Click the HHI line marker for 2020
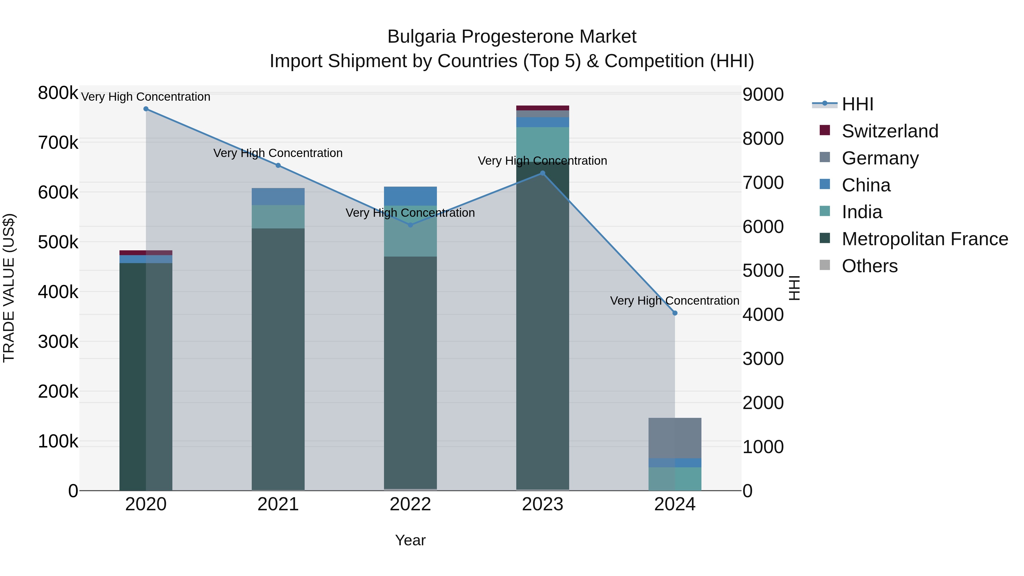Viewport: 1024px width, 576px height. (146, 109)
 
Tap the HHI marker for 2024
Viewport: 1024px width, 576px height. (675, 313)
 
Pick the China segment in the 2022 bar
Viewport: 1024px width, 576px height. (410, 196)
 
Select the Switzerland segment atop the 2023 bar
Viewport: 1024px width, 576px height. (543, 108)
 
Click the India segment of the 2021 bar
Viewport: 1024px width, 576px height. (278, 217)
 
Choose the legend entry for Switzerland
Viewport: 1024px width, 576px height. (890, 131)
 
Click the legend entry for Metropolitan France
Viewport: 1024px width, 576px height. (925, 239)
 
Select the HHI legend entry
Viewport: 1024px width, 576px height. (857, 104)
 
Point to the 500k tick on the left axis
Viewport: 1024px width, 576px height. (58, 242)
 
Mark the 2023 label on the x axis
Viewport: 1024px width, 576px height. (543, 504)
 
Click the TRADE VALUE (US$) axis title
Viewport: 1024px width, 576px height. (9, 288)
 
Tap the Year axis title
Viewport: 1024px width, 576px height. (410, 540)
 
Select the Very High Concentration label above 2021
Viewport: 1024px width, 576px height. (278, 153)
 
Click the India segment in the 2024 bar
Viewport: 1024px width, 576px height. (675, 479)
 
